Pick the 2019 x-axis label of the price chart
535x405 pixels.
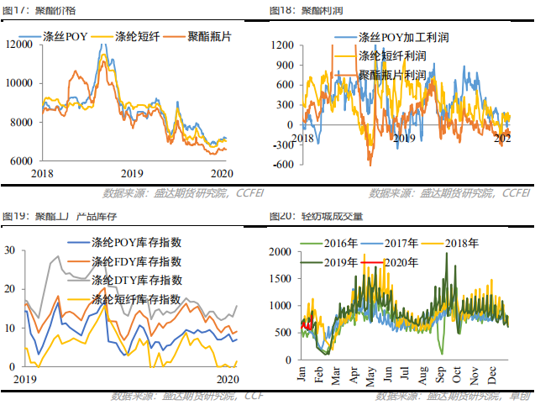click(133, 173)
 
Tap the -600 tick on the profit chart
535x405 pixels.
click(282, 164)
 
